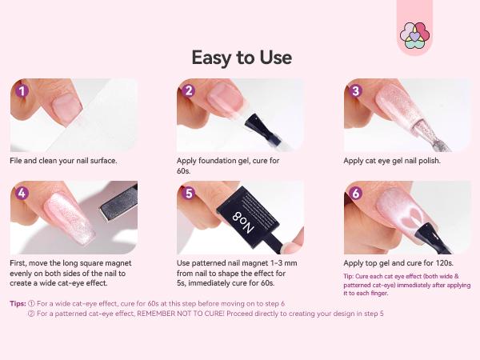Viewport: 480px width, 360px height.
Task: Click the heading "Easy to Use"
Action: (241, 58)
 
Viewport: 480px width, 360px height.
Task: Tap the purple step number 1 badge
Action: (22, 90)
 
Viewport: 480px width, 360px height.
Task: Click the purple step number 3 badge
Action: (356, 90)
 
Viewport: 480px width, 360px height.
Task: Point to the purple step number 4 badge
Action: (22, 193)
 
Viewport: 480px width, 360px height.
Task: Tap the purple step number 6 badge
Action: (356, 193)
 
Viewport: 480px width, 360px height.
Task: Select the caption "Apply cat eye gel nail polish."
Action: (392, 161)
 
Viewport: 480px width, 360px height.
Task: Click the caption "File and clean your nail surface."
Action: (64, 161)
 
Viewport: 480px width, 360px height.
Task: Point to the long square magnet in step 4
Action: (118, 207)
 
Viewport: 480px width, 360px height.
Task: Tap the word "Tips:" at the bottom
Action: (18, 303)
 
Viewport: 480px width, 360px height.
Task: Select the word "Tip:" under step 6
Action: (350, 277)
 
